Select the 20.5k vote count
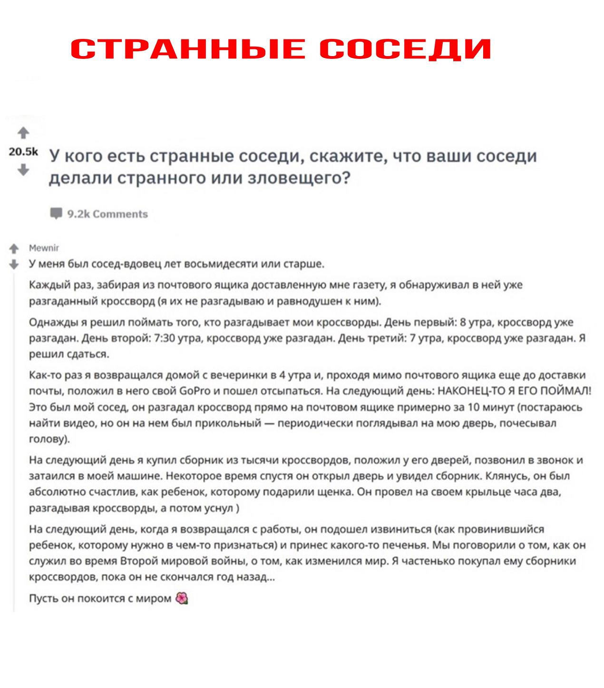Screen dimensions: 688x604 (x=23, y=152)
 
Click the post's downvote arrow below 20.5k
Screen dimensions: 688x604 (x=23, y=170)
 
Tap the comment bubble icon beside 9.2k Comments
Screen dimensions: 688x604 (x=57, y=214)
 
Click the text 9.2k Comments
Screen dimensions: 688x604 (x=107, y=214)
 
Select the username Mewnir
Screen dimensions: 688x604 (x=44, y=248)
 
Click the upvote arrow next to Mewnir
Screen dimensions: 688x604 (x=14, y=248)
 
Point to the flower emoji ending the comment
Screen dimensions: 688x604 (x=182, y=598)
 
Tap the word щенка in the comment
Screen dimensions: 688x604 (x=337, y=492)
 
